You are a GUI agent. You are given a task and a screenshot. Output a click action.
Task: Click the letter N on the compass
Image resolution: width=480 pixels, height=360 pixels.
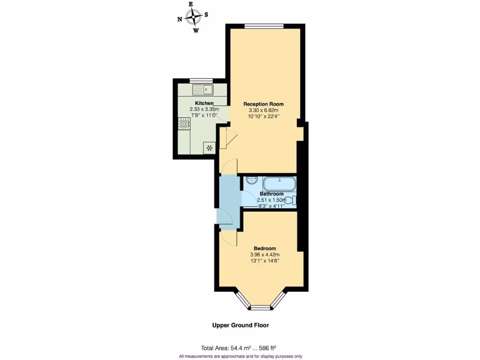pyautogui.click(x=180, y=19)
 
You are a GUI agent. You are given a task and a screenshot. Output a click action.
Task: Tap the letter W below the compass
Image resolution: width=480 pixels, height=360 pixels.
pyautogui.click(x=196, y=31)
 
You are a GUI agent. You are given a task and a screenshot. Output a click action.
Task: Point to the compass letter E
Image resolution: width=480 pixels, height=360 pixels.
pyautogui.click(x=191, y=4)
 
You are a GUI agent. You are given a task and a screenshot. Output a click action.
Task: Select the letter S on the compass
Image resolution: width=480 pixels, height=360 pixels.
pyautogui.click(x=206, y=15)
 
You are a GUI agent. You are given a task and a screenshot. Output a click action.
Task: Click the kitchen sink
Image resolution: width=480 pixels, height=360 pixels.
pyautogui.click(x=202, y=89)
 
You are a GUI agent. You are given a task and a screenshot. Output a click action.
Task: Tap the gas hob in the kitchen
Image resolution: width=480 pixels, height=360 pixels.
pyautogui.click(x=185, y=124)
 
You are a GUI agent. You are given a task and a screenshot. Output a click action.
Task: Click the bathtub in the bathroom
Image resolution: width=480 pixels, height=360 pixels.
pyautogui.click(x=279, y=183)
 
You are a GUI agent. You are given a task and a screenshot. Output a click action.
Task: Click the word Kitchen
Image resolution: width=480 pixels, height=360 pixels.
pyautogui.click(x=204, y=103)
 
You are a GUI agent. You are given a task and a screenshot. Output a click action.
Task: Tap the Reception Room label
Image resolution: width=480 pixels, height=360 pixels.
pyautogui.click(x=263, y=104)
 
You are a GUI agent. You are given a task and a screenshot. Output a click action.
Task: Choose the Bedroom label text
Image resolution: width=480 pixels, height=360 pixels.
pyautogui.click(x=265, y=248)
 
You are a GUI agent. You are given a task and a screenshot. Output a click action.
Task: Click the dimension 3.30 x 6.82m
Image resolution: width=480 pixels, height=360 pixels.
pyautogui.click(x=264, y=110)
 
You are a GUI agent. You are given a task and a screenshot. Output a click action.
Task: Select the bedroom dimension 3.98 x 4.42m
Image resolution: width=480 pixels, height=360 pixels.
pyautogui.click(x=265, y=255)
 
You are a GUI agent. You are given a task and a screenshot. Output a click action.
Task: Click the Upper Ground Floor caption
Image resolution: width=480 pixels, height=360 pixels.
pyautogui.click(x=241, y=325)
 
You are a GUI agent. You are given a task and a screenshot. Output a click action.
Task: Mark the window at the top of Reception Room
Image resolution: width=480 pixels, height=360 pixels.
pyautogui.click(x=264, y=26)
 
